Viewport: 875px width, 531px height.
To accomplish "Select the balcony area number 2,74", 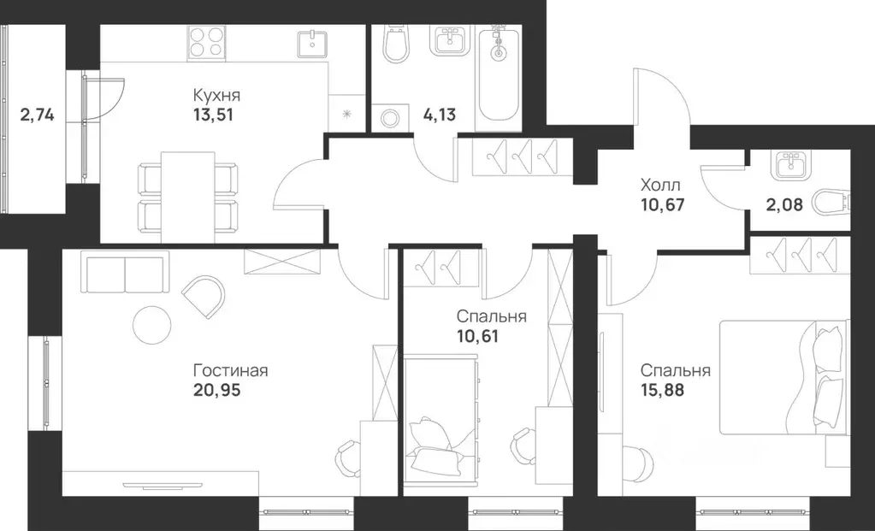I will [37, 114].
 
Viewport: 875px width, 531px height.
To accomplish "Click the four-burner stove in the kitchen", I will [207, 41].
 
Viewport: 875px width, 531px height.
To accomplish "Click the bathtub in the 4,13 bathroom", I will [500, 75].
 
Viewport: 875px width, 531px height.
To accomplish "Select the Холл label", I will [661, 184].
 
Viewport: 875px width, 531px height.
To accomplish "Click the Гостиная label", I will [231, 370].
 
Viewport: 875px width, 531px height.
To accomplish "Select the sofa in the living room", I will [125, 273].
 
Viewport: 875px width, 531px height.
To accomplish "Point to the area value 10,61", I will [477, 335].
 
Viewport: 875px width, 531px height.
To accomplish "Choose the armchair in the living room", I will [204, 296].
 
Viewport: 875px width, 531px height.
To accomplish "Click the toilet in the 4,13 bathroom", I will [396, 45].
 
